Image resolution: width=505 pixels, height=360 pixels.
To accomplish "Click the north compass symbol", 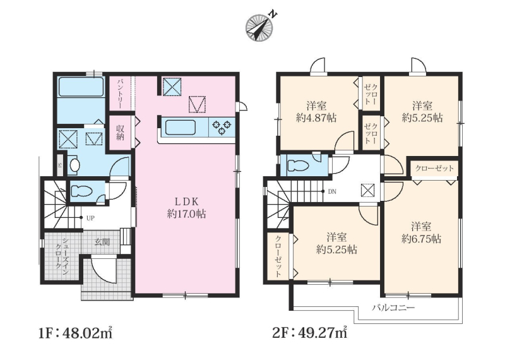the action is click(259, 27).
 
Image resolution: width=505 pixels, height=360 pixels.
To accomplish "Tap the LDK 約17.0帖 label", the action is click(186, 208).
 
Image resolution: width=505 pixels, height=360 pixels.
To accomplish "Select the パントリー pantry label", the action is click(119, 92).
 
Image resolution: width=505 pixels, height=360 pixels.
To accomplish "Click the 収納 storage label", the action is click(120, 133).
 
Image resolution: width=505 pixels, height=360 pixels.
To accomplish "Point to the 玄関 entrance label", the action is click(102, 242).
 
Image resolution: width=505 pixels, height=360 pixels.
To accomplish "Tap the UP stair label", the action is click(90, 218).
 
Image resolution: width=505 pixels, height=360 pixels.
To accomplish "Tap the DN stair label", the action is click(332, 192).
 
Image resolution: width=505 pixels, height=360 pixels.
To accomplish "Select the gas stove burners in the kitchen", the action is click(222, 127).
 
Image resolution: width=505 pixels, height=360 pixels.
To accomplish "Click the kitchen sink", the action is click(181, 128).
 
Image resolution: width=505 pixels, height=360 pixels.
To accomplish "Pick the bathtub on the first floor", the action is click(81, 87).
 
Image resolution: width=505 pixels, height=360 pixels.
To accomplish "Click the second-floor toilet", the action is click(299, 165).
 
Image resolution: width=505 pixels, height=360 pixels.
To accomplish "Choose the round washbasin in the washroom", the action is click(74, 165).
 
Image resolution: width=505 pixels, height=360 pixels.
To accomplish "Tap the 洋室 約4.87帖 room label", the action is click(316, 112).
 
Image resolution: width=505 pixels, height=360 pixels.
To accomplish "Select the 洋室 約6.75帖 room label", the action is click(421, 232).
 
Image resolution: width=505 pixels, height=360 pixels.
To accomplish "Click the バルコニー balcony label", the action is click(393, 307).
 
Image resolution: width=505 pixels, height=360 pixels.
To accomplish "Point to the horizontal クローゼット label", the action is click(434, 168).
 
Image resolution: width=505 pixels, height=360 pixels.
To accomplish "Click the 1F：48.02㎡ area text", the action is click(76, 333).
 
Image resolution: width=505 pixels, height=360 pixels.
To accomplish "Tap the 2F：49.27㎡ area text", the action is click(310, 333).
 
